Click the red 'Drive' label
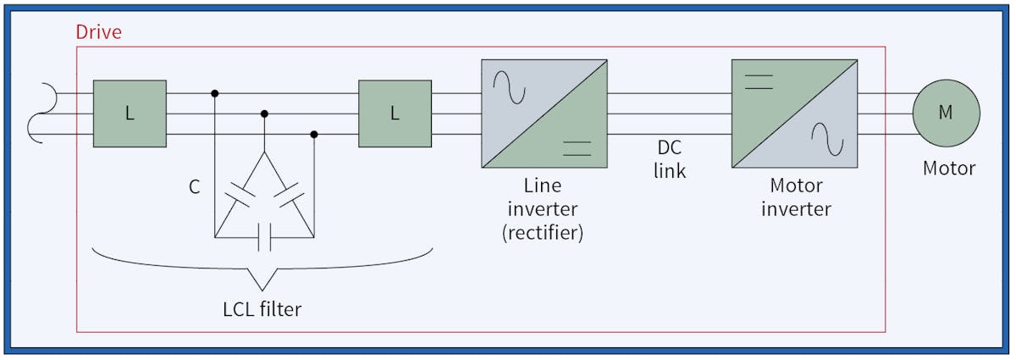98,33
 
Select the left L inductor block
130,114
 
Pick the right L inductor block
395,114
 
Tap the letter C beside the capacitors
194,187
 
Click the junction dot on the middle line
264,114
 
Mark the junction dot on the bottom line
314,134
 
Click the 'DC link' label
669,159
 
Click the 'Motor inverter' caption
795,196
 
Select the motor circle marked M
946,114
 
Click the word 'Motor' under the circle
948,169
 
